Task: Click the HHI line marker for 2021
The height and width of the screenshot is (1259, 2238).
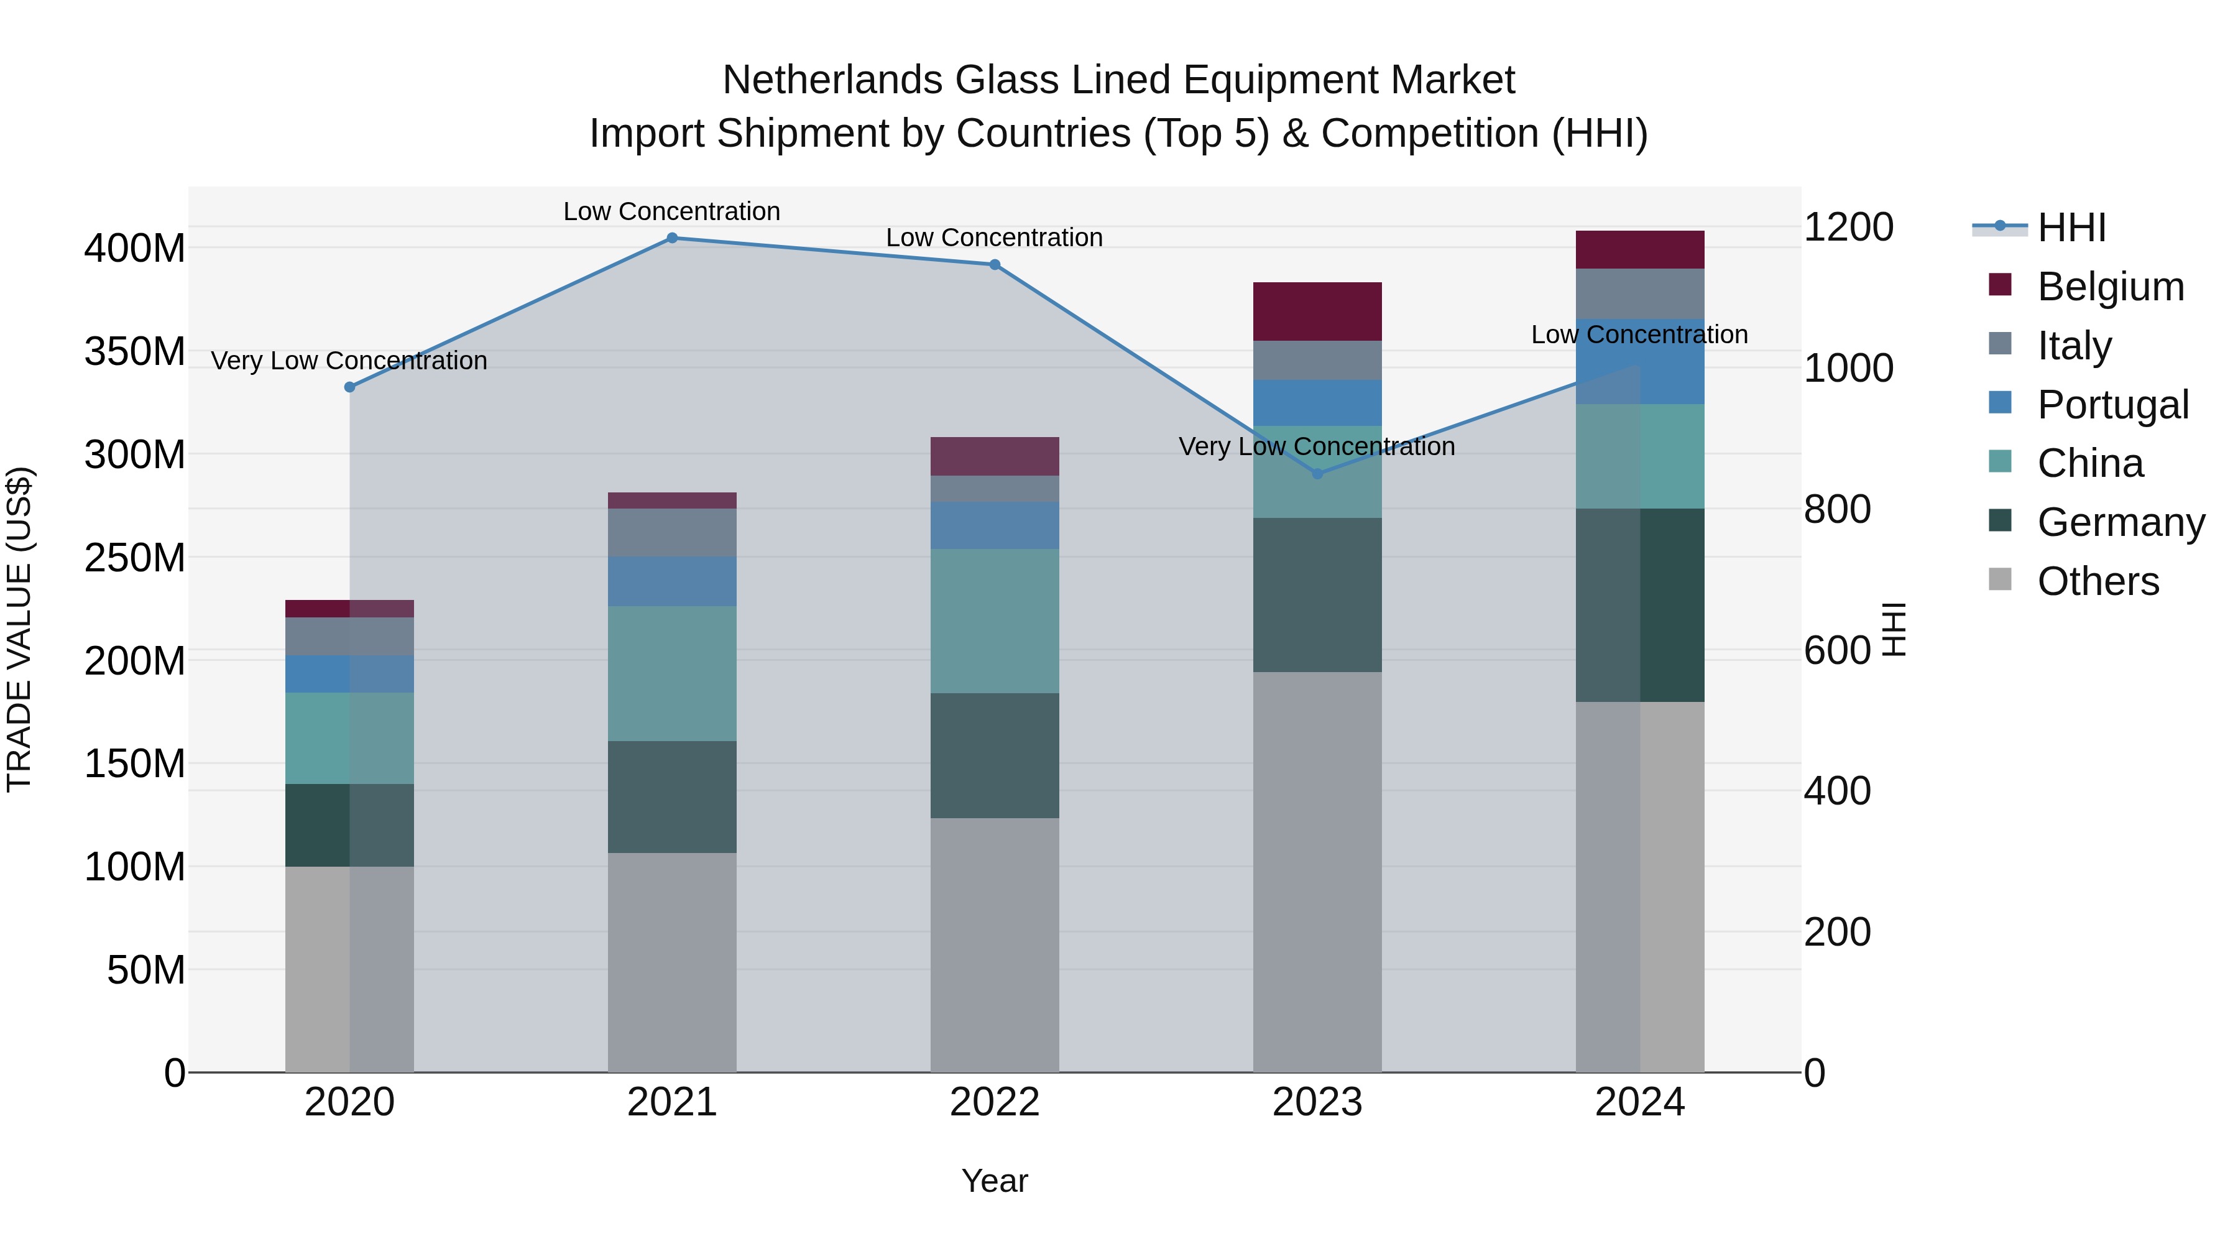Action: [x=671, y=238]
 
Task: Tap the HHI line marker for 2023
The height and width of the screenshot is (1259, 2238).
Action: [x=1317, y=474]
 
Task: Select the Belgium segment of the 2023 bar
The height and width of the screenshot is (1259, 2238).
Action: [x=1317, y=311]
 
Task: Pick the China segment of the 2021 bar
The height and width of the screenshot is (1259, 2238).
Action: [x=671, y=673]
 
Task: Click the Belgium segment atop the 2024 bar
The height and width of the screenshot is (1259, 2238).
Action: [x=1639, y=249]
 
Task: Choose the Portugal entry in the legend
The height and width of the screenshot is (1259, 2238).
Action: [x=2112, y=405]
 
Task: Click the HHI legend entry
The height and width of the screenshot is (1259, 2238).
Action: [x=2071, y=228]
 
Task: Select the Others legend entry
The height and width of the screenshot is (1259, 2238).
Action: [x=2098, y=581]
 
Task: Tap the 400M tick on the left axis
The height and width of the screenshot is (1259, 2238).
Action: [x=135, y=249]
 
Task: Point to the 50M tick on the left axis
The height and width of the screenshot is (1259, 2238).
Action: [x=146, y=970]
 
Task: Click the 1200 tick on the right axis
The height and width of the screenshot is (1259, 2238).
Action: [x=1848, y=227]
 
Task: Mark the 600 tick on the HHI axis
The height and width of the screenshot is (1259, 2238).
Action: [x=1836, y=650]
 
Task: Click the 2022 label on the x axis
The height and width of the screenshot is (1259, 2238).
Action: [x=995, y=1102]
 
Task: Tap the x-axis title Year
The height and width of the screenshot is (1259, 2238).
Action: [x=995, y=1181]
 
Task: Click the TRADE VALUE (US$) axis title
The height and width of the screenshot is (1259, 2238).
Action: [x=20, y=629]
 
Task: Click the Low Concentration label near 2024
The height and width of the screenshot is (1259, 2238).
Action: [x=1639, y=334]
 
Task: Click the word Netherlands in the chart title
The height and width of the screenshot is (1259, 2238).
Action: [x=832, y=80]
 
